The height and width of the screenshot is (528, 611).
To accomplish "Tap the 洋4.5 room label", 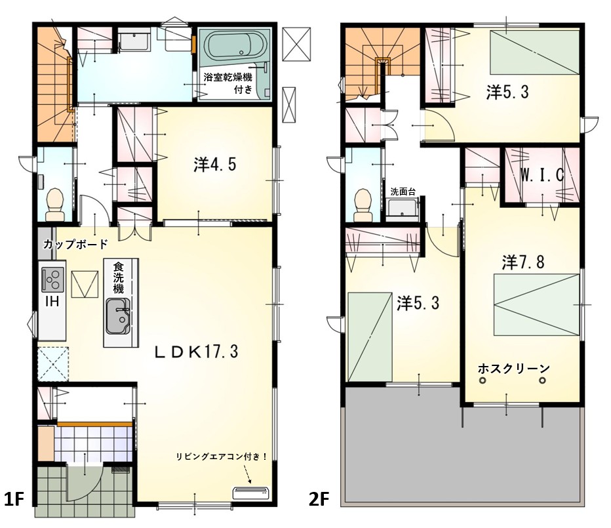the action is [215, 165].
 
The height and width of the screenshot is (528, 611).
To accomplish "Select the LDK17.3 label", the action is [197, 352].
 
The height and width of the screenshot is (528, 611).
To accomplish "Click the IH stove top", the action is [52, 279].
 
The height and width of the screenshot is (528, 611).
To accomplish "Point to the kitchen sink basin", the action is [118, 316].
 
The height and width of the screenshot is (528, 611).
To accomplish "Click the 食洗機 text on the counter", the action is [118, 277].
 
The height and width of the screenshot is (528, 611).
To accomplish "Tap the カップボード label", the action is [75, 245].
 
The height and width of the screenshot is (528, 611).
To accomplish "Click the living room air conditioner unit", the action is [250, 493].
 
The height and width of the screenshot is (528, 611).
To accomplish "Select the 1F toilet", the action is [54, 205].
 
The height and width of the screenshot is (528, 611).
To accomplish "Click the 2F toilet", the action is [363, 205].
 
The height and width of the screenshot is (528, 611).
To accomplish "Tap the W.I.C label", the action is [542, 175].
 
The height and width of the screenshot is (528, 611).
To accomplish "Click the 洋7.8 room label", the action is [523, 262].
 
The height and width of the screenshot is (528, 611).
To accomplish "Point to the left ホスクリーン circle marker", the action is [483, 380].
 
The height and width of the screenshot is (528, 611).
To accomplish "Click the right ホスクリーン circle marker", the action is [542, 380].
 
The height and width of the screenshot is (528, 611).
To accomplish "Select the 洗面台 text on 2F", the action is [403, 192].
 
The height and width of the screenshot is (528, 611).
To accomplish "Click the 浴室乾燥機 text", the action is [228, 77].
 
